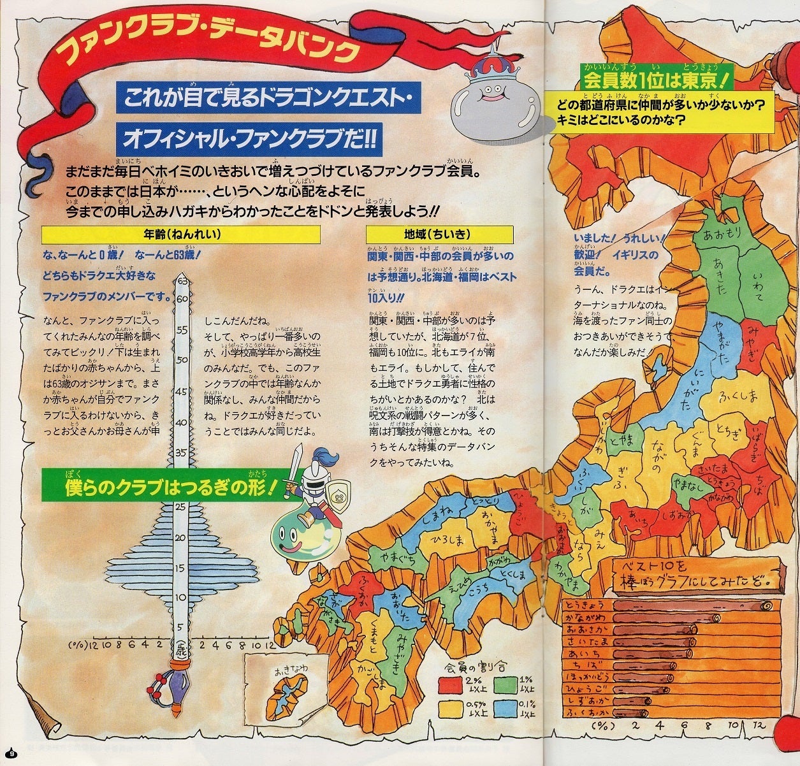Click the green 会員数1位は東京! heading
click(656, 80)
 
